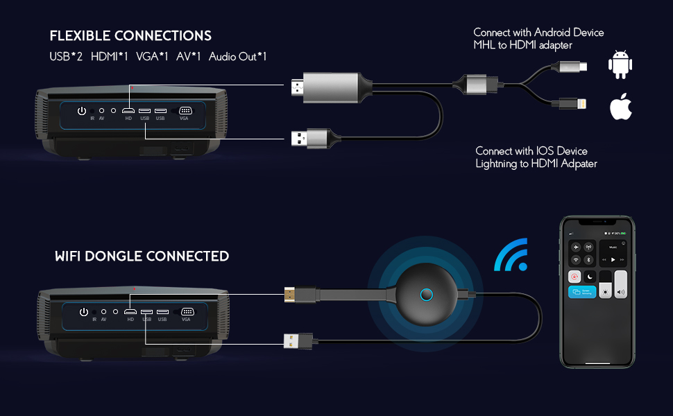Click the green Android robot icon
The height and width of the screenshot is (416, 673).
point(620,64)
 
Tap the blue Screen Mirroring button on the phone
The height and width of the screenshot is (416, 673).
point(581,292)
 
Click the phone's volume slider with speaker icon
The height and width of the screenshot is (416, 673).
point(620,285)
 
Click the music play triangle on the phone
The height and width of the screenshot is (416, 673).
point(613,259)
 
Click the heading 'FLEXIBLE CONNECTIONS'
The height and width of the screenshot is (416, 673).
point(130,36)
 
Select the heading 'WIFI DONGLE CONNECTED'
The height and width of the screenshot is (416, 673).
point(142,257)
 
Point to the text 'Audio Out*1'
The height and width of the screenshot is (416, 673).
point(238,57)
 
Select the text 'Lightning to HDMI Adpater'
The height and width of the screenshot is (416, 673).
point(536,164)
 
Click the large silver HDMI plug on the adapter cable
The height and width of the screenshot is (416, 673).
point(330,89)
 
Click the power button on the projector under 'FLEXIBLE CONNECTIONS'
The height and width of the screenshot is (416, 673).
point(82,111)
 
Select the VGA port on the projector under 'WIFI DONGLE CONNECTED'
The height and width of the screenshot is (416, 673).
point(186,312)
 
